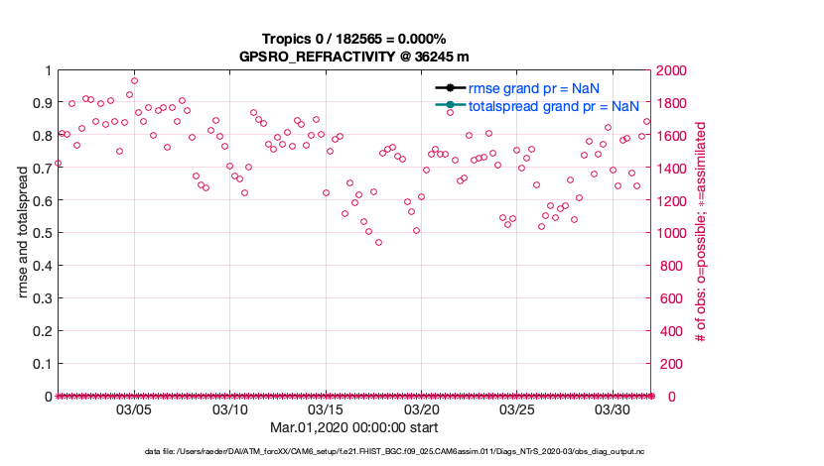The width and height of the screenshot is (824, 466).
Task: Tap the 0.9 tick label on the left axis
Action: pyautogui.click(x=41, y=102)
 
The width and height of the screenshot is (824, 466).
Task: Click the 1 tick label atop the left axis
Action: pyautogui.click(x=47, y=70)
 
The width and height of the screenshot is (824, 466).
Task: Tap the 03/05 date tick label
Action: pyautogui.click(x=134, y=409)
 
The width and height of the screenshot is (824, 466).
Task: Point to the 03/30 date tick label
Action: pyautogui.click(x=613, y=409)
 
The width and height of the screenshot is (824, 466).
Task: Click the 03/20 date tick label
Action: pyautogui.click(x=421, y=409)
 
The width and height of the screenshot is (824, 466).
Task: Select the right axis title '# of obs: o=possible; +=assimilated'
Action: pyautogui.click(x=701, y=233)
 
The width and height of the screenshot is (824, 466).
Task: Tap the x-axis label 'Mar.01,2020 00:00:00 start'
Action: pyautogui.click(x=353, y=427)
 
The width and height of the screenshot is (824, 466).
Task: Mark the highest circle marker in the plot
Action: pyautogui.click(x=134, y=81)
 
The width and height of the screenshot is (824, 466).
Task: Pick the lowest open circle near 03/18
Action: pyautogui.click(x=378, y=242)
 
